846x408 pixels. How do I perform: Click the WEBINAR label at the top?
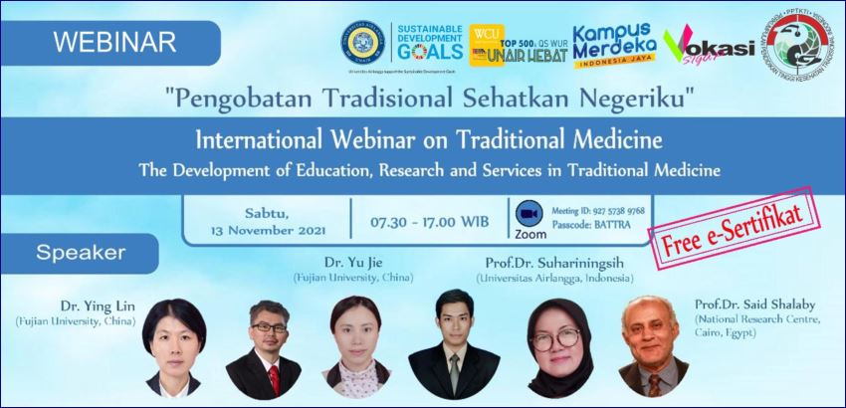(113, 42)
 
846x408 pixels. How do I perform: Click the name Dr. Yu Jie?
(338, 262)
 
